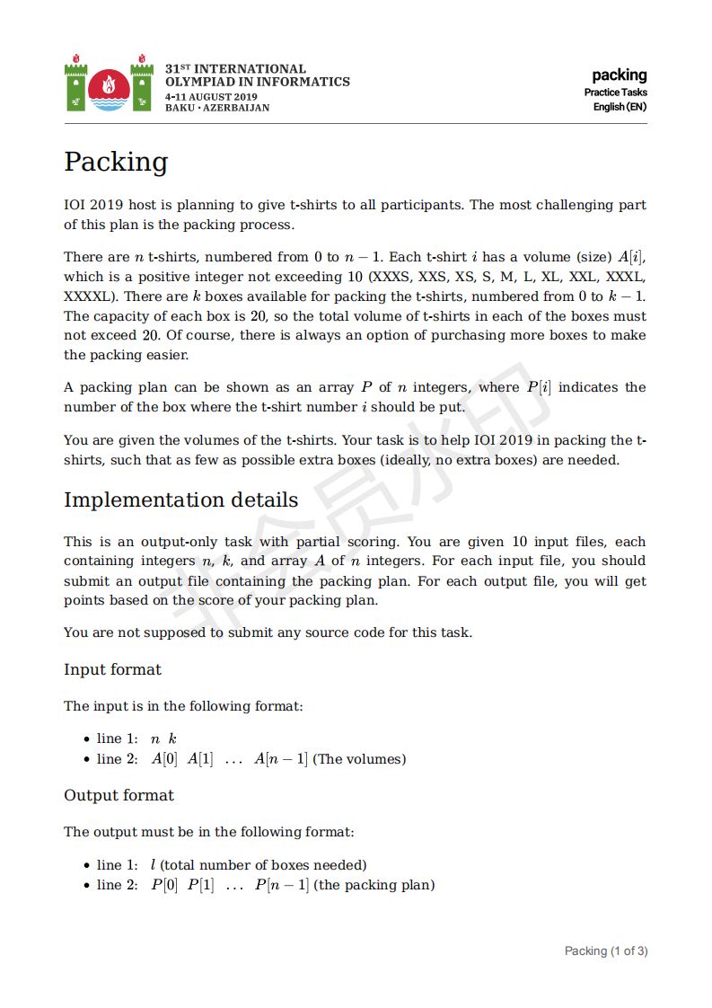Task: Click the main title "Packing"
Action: coord(116,163)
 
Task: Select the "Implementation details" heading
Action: coord(180,500)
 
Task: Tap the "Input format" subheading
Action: coord(112,670)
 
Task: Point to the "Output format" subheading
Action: coord(119,796)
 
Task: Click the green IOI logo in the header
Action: coord(109,84)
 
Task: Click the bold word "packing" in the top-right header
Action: coord(619,75)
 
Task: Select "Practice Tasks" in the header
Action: coord(615,93)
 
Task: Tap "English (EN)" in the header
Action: coord(620,107)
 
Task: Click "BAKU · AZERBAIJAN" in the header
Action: coord(217,108)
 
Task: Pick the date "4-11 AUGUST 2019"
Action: coord(211,96)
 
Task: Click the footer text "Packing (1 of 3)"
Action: coord(605,951)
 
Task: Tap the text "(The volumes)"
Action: coord(359,760)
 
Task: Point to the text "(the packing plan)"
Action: coord(374,886)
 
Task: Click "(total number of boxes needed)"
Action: coord(263,865)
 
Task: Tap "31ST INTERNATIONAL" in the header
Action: coord(235,69)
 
